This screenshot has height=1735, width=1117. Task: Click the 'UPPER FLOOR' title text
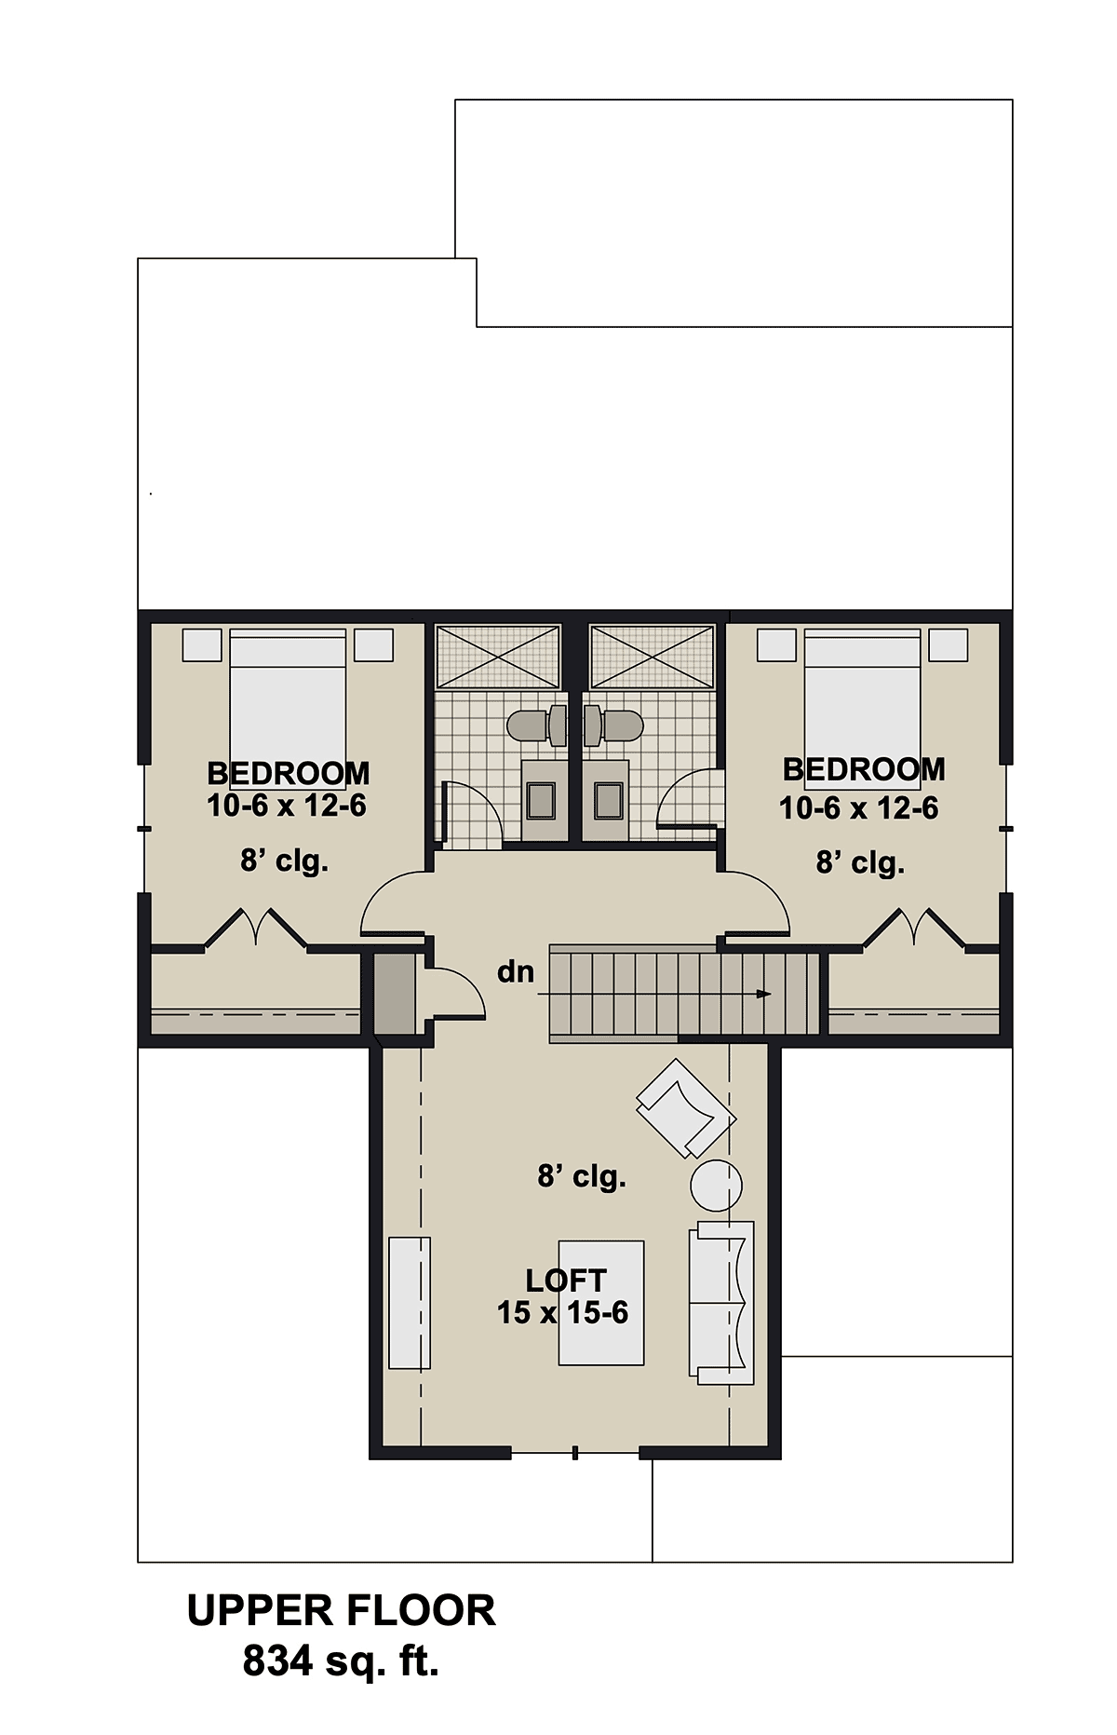(341, 1610)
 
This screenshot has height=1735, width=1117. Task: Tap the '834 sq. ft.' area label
(341, 1660)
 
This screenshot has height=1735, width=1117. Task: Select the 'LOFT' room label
(566, 1281)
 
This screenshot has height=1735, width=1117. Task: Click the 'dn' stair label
(516, 972)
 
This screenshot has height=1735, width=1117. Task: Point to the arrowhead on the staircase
(764, 994)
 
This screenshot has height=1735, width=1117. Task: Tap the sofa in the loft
(721, 1303)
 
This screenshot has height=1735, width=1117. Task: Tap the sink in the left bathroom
(541, 799)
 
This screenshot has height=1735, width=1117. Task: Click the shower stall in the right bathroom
(653, 657)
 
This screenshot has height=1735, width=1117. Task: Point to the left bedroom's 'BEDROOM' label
(288, 773)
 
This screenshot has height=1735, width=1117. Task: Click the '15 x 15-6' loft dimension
(562, 1312)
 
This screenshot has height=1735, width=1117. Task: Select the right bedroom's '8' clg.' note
(861, 864)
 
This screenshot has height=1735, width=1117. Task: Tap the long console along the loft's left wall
(410, 1303)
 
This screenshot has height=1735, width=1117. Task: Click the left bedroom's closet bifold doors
(255, 928)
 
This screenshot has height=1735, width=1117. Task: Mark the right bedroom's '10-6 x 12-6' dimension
(859, 807)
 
